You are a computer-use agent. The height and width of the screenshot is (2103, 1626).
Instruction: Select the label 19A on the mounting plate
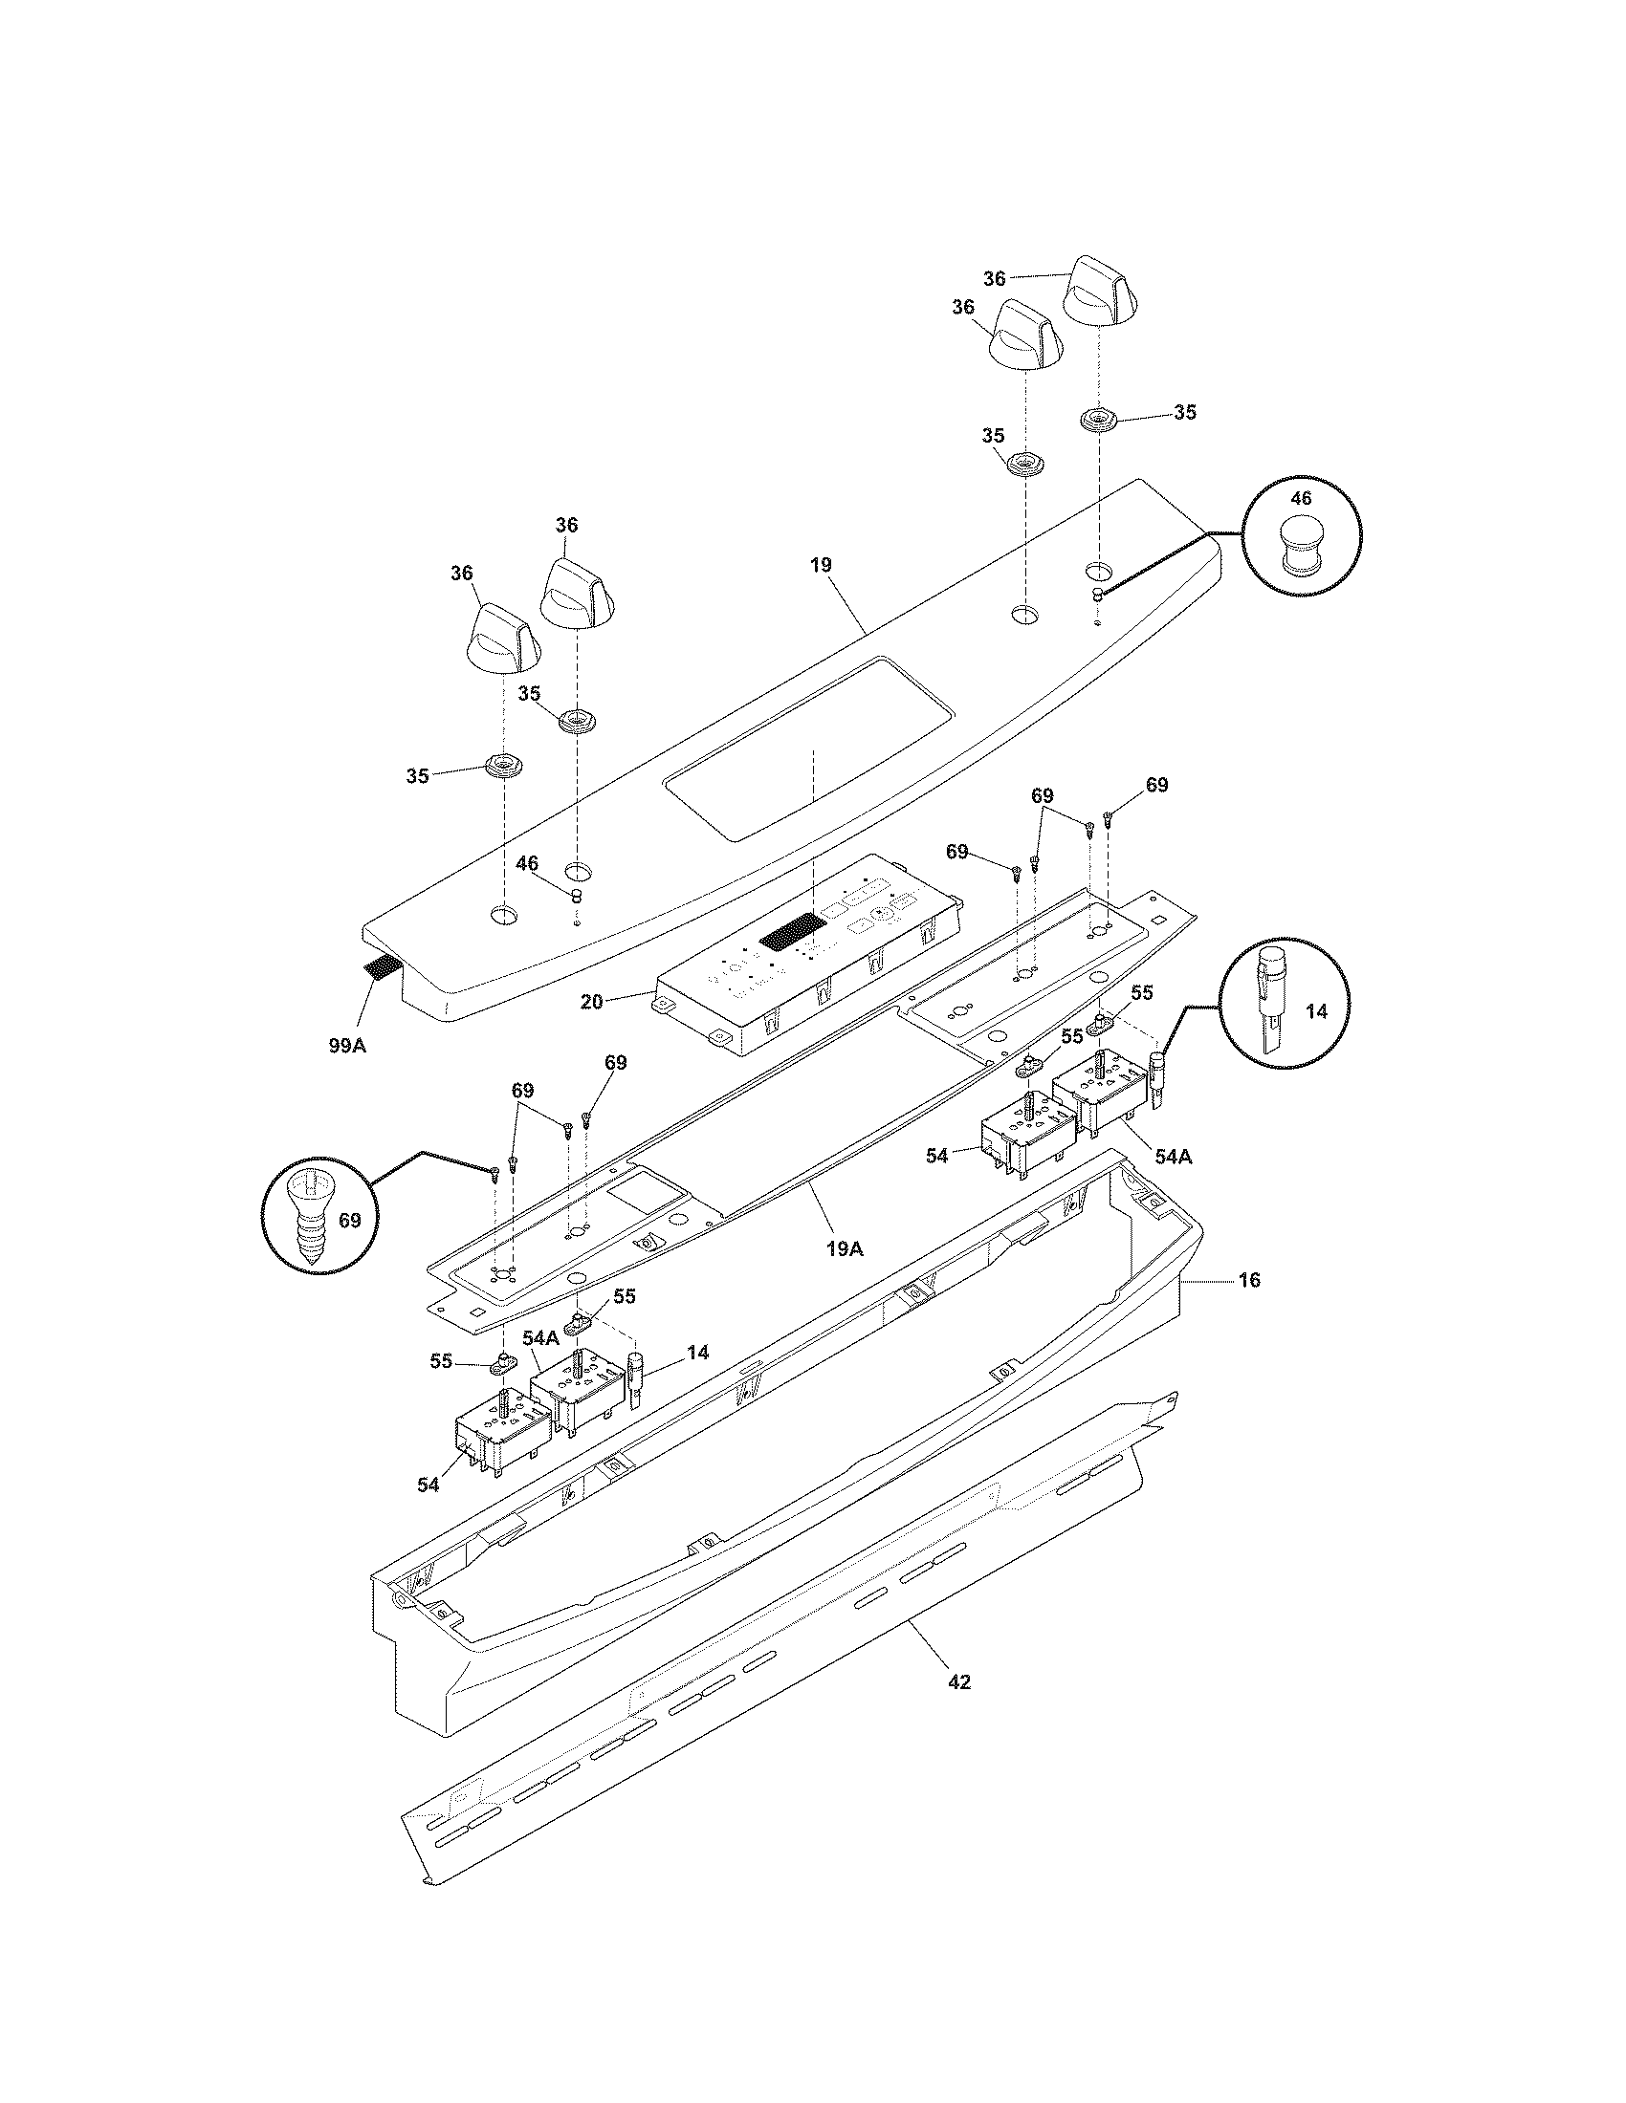tap(844, 1249)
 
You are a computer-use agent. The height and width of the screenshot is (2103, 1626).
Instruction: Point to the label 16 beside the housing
tap(1248, 1280)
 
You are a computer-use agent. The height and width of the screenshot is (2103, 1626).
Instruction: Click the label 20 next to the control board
tap(591, 1002)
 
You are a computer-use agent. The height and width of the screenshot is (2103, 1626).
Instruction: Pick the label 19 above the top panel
tap(820, 565)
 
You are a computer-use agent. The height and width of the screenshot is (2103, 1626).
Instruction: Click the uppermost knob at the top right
tap(1102, 292)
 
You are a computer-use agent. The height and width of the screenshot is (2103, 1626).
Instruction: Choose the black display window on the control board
tap(793, 932)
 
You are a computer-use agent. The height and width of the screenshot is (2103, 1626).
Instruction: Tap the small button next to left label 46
tap(576, 898)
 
